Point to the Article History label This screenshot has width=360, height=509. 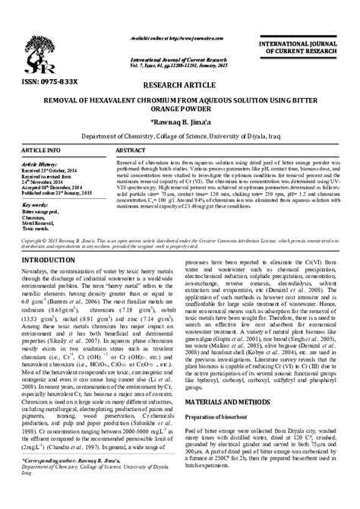pos(43,163)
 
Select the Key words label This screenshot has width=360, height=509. pos(36,205)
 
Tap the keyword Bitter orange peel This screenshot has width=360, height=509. pos(40,212)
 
